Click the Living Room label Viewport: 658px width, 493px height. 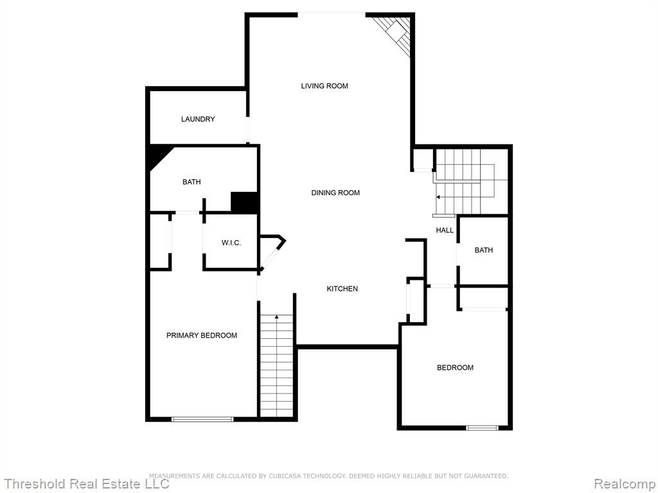click(325, 86)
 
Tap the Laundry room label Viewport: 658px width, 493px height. click(198, 119)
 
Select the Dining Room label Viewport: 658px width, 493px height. click(335, 193)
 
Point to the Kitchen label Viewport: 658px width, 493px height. click(342, 289)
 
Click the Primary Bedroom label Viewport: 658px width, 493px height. click(202, 335)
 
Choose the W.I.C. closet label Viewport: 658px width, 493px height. click(231, 243)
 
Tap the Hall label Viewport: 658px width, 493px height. click(445, 230)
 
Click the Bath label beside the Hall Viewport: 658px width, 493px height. click(484, 250)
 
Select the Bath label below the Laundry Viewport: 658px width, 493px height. click(191, 182)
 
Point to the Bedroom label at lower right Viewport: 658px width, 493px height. click(456, 368)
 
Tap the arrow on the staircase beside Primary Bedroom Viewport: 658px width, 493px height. click(276, 317)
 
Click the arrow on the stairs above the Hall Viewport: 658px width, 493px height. click(438, 196)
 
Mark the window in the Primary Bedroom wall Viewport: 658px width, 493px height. click(202, 419)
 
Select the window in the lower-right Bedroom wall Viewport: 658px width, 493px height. click(482, 428)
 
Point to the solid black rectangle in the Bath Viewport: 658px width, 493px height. click(244, 202)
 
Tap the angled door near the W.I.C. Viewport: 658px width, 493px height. click(271, 257)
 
